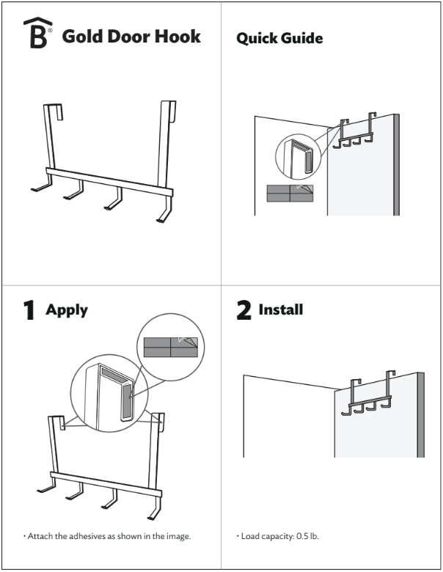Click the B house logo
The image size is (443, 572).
(x=38, y=33)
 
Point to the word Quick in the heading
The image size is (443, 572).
(x=257, y=38)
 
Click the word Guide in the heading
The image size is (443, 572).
(x=303, y=38)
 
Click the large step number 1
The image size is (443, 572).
(x=29, y=310)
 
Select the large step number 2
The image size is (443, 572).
(x=244, y=310)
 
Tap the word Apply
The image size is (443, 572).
(x=67, y=310)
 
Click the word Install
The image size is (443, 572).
(x=281, y=309)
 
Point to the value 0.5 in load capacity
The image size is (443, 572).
(x=302, y=536)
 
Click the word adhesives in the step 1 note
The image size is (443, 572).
(x=87, y=536)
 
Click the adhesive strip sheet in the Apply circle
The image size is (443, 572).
(x=171, y=347)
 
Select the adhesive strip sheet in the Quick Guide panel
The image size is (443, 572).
(x=290, y=193)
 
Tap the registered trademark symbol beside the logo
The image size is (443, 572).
(x=50, y=30)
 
